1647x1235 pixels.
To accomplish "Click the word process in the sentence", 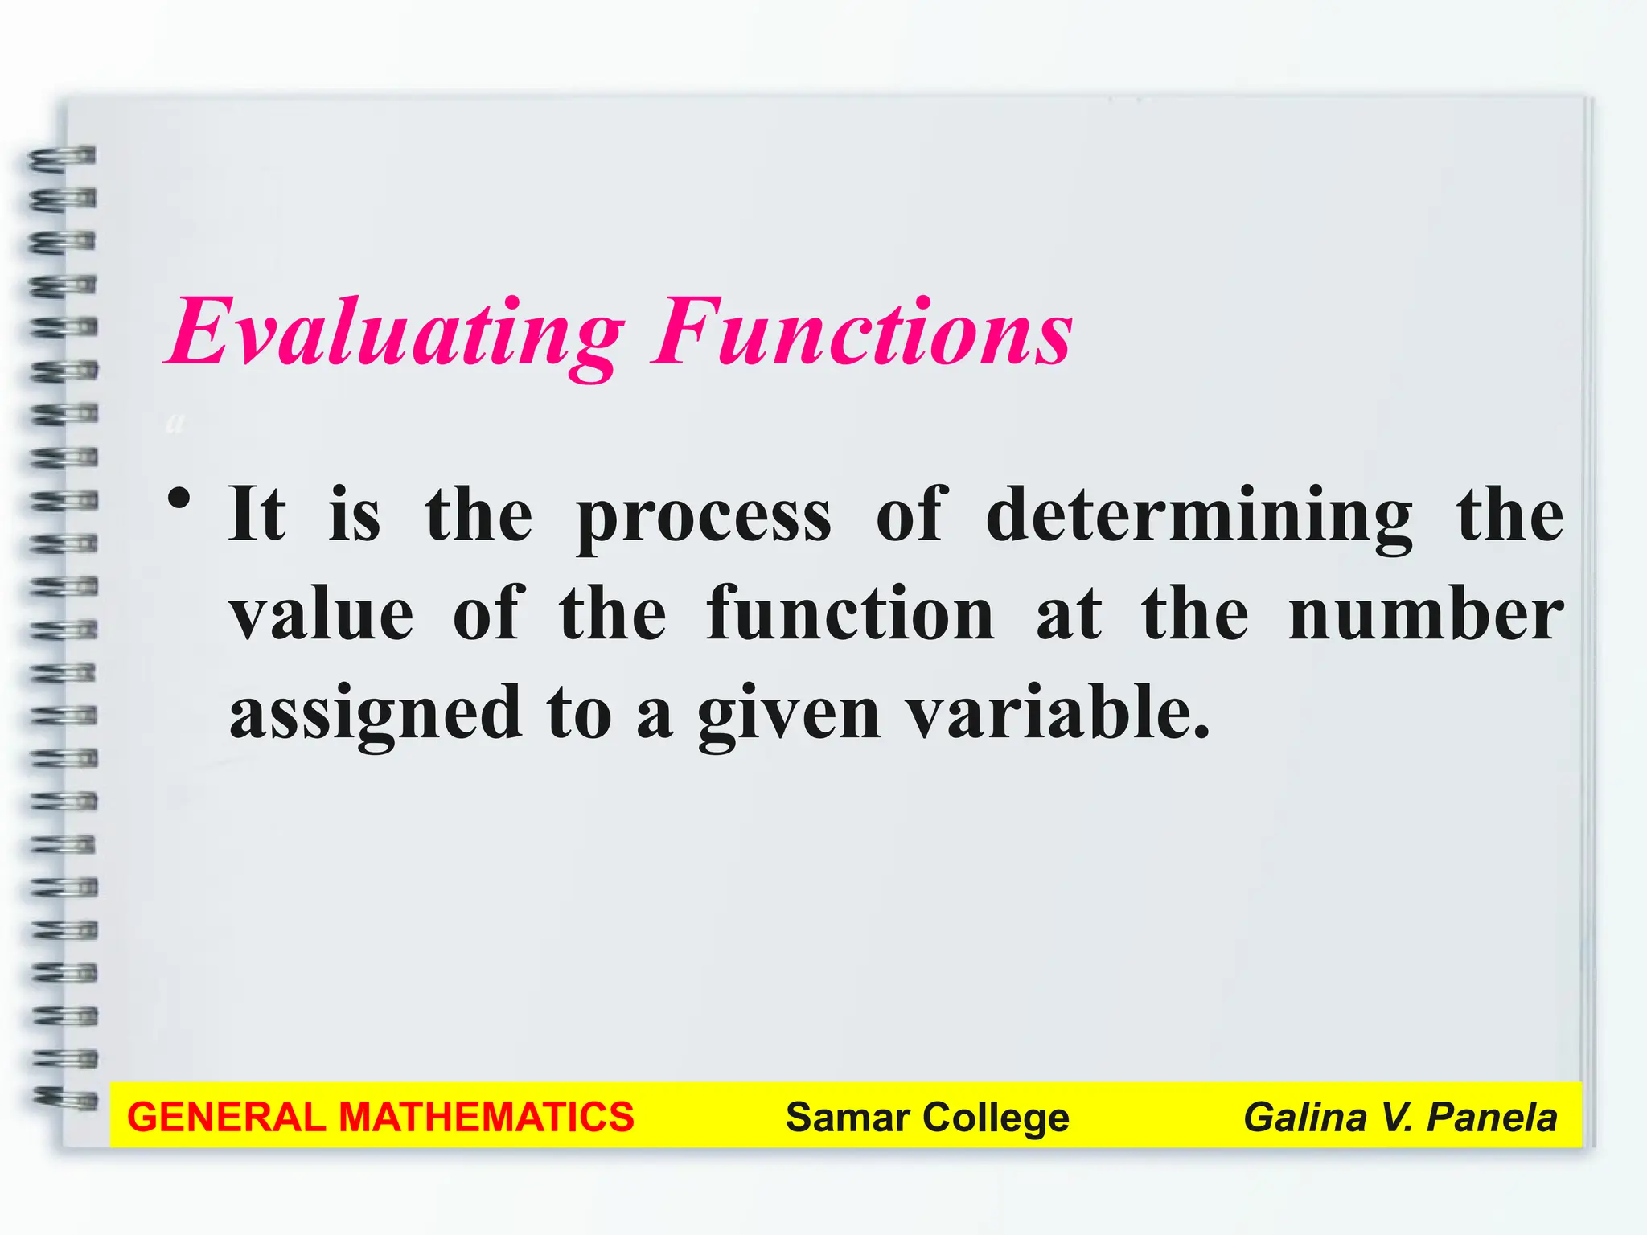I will coord(704,516).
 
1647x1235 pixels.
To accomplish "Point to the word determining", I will coord(1198,516).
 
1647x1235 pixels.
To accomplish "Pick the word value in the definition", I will coord(322,614).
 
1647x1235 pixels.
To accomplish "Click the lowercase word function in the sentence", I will coord(850,614).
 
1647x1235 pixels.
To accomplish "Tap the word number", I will coord(1426,614).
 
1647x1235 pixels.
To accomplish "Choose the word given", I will coord(789,714).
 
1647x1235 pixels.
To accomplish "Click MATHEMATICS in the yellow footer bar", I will coord(486,1118).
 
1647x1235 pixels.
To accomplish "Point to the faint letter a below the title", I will coord(175,421).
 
